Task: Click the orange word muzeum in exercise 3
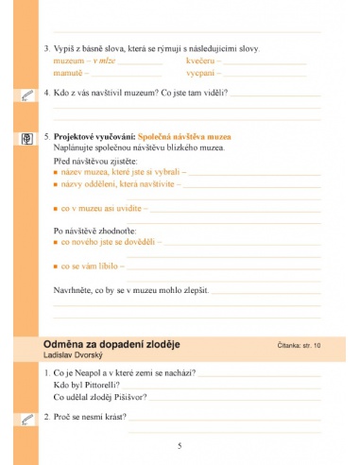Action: [x=65, y=60]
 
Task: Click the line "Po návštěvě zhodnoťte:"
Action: [x=93, y=231]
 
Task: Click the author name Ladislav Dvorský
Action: [x=76, y=354]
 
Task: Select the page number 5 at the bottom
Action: [x=180, y=445]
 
